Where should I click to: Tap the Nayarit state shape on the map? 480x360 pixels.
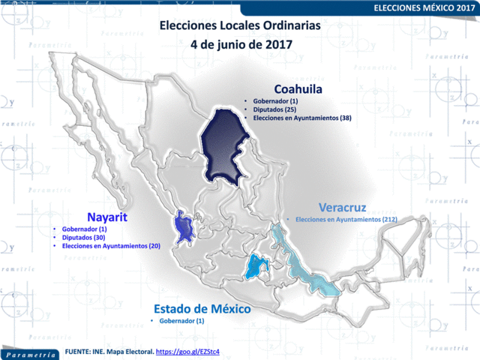182,228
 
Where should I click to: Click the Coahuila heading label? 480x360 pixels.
298,88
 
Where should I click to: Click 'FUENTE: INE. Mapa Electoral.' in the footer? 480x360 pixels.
109,351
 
